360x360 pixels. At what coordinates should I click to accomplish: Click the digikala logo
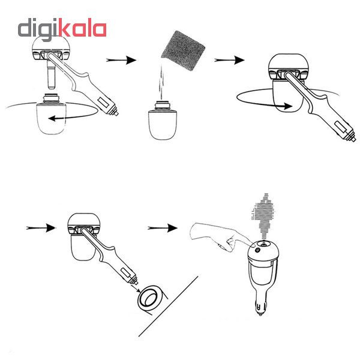[62, 29]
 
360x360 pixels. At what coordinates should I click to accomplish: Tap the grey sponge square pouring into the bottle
[183, 50]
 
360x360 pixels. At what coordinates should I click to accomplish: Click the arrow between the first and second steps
[121, 60]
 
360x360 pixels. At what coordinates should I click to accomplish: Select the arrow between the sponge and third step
[229, 60]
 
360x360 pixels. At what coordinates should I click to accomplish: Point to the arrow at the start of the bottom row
[41, 228]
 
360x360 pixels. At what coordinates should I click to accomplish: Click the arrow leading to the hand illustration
[163, 228]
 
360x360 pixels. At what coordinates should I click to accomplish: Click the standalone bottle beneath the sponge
[163, 121]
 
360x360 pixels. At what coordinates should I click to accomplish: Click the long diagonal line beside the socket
[168, 306]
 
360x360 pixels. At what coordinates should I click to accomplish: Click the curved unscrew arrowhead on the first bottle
[52, 118]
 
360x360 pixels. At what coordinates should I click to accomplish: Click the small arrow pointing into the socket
[136, 289]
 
